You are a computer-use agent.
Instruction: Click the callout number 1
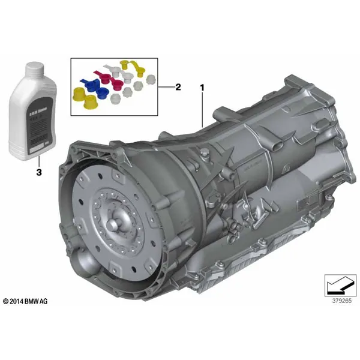pos(202,87)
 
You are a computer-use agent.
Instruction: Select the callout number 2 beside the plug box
pos(178,87)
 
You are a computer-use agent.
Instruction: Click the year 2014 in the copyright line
pos(17,301)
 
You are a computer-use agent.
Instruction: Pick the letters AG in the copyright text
pos(46,301)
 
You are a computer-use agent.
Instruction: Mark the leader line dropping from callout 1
pos(202,111)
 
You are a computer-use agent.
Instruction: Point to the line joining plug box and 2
pos(165,87)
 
